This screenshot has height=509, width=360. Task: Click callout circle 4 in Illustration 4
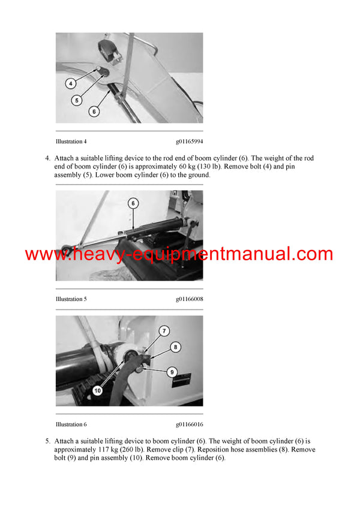70,84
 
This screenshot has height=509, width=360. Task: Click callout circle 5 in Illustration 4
77,100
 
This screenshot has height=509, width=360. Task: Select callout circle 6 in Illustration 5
133,204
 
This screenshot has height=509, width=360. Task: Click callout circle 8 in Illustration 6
175,346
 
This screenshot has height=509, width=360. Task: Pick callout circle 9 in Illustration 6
172,372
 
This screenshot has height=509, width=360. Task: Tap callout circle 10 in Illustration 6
97,390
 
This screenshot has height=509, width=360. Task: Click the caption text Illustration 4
71,142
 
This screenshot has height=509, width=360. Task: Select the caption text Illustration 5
71,299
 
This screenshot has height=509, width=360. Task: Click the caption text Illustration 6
71,424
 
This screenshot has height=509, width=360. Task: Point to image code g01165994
189,142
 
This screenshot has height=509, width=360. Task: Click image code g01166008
189,299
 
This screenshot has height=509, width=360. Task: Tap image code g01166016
189,424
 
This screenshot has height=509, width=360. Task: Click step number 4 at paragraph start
47,158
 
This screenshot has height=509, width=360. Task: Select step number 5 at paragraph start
47,441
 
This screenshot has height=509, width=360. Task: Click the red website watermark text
179,254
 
